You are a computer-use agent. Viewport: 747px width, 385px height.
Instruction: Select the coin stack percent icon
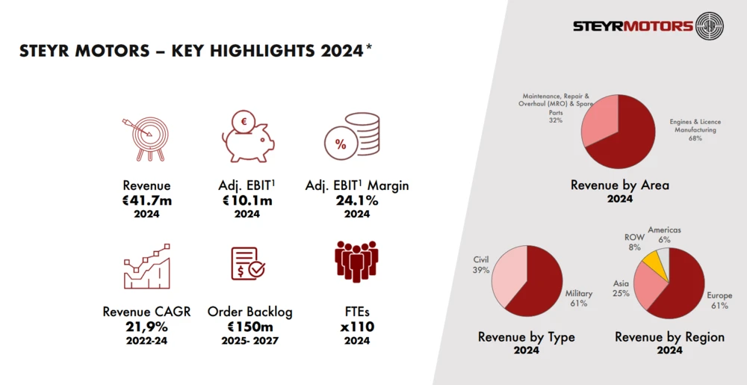(351, 139)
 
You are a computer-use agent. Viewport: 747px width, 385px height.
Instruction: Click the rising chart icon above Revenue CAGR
(146, 267)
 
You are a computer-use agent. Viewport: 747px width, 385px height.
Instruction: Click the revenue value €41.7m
(146, 200)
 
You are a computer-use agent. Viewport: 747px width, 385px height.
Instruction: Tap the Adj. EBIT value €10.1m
(247, 200)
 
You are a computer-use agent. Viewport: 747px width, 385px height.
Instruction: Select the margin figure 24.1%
(357, 200)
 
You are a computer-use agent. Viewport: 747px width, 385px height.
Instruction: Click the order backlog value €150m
(249, 326)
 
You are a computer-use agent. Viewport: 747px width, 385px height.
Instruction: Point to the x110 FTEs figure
(356, 326)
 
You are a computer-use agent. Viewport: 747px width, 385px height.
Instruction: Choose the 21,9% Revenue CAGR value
(146, 326)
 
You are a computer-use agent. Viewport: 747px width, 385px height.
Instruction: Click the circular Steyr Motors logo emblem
(709, 26)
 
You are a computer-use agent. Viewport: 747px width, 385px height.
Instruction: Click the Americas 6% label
(664, 235)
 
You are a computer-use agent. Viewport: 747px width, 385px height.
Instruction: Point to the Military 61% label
(578, 298)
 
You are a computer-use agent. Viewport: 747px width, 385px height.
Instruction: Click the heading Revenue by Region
(669, 337)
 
